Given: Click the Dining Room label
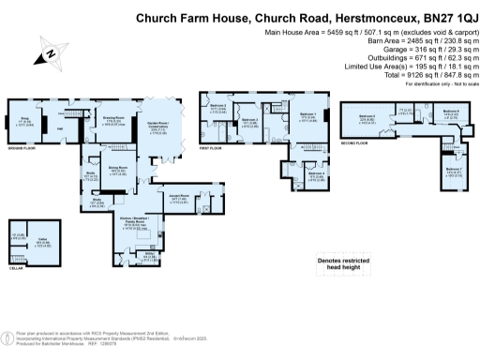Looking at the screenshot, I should click(117, 172).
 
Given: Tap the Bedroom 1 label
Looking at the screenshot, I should click(306, 117).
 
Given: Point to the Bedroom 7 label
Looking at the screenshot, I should click(454, 172).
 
